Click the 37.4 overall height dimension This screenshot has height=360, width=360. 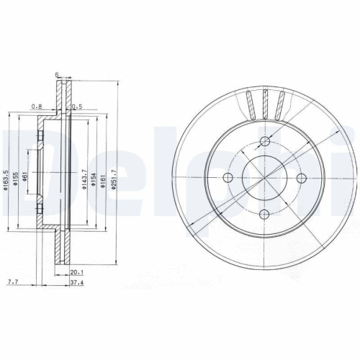[x=76, y=284]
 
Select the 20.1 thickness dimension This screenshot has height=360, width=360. [x=76, y=273]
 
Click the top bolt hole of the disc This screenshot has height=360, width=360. [x=264, y=140]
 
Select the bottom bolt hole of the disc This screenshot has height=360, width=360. [x=264, y=213]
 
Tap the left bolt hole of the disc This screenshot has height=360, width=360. [x=228, y=177]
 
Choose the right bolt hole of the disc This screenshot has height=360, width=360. [x=300, y=177]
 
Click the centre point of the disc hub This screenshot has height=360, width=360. [x=264, y=177]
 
